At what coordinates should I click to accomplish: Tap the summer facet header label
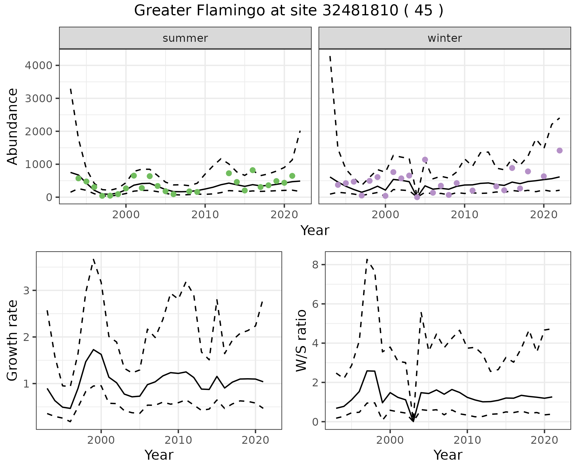[185, 38]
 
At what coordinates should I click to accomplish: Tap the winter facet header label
[445, 38]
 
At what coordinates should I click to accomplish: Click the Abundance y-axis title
[12, 126]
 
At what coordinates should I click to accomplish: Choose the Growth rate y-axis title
[12, 340]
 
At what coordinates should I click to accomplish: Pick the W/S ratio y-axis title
[301, 340]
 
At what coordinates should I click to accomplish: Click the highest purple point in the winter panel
[560, 151]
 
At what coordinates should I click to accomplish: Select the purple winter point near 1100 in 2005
[425, 160]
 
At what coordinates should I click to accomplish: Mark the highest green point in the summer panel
[253, 170]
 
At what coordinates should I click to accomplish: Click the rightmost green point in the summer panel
[292, 176]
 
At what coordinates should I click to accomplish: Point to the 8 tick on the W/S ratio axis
[317, 265]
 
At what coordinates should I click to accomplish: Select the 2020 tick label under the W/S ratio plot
[544, 440]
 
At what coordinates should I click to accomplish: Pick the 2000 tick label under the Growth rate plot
[101, 440]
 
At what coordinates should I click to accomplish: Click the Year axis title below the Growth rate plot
[159, 455]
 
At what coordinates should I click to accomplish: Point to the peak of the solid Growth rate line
[94, 349]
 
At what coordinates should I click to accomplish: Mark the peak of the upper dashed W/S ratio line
[367, 259]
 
